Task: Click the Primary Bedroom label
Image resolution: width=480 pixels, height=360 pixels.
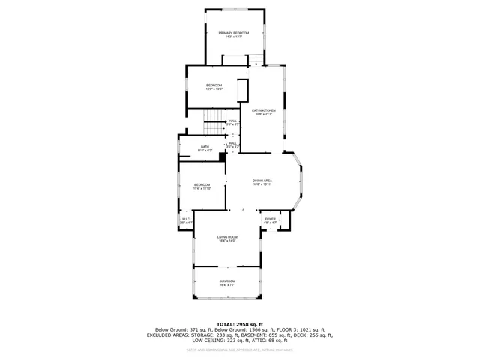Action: [x=234, y=33]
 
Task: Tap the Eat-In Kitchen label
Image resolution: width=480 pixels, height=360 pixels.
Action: [x=264, y=110]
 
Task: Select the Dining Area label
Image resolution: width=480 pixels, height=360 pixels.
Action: [x=262, y=181]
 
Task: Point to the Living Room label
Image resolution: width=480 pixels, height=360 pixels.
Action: [x=227, y=236]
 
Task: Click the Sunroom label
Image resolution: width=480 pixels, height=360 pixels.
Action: [x=227, y=280]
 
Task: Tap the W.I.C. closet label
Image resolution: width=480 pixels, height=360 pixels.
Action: [x=186, y=219]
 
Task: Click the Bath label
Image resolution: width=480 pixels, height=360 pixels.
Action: [x=205, y=147]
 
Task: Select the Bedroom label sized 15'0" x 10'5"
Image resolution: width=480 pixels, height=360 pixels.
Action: [x=214, y=85]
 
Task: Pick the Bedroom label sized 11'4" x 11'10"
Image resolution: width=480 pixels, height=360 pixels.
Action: [x=202, y=184]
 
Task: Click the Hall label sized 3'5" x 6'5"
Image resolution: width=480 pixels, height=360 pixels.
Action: [x=232, y=120]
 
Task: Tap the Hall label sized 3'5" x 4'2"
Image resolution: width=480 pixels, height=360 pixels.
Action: [x=232, y=143]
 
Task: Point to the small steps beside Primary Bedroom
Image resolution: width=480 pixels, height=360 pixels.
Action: [x=256, y=60]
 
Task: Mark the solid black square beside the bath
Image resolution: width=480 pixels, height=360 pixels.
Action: [x=222, y=157]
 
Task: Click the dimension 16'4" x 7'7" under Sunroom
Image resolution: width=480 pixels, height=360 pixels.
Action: [x=227, y=285]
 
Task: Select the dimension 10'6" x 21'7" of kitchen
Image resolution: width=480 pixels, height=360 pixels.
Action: [x=264, y=115]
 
